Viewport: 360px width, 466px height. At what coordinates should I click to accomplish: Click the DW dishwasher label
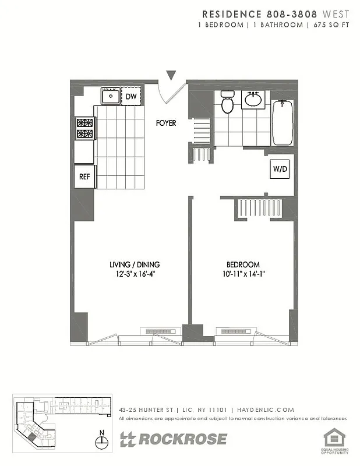point(132,96)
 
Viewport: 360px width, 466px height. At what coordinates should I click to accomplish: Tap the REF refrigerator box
point(84,176)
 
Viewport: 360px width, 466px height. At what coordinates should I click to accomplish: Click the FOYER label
point(165,123)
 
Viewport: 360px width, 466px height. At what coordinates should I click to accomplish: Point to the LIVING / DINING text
point(135,264)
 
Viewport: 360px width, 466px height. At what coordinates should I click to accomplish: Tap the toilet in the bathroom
point(227,103)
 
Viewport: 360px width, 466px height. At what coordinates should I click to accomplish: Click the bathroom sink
point(253,99)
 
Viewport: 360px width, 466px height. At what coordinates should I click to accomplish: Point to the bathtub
point(283,122)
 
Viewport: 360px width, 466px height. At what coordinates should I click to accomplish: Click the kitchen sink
point(110,96)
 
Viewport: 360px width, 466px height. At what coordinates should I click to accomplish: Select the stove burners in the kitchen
point(85,129)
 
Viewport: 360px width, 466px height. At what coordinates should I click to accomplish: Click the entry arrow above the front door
point(171,75)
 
